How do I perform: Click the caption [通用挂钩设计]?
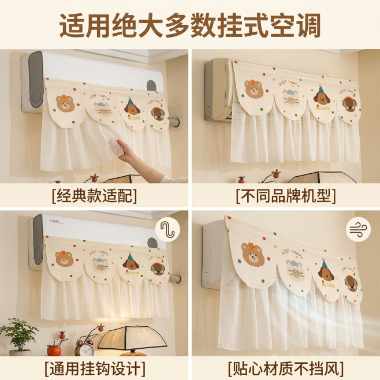95,367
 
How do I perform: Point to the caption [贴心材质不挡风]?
285,367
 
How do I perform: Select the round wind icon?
358,230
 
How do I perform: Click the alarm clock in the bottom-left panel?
84,348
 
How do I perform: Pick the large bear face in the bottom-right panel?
254,254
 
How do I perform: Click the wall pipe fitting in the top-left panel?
176,122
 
